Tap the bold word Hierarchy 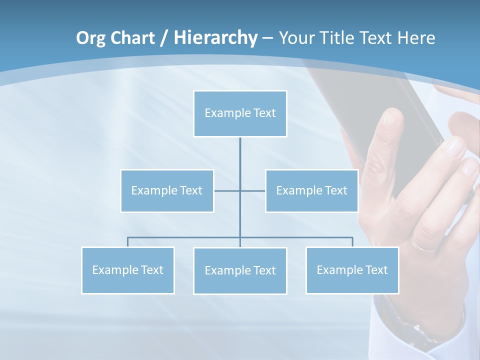tap(215, 38)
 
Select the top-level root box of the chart tap(240, 113)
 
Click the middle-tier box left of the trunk tap(167, 190)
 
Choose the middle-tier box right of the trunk tap(311, 190)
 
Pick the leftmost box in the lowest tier tap(127, 270)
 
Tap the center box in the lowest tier tap(240, 270)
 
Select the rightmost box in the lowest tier tap(352, 270)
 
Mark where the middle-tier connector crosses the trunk tap(240, 190)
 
